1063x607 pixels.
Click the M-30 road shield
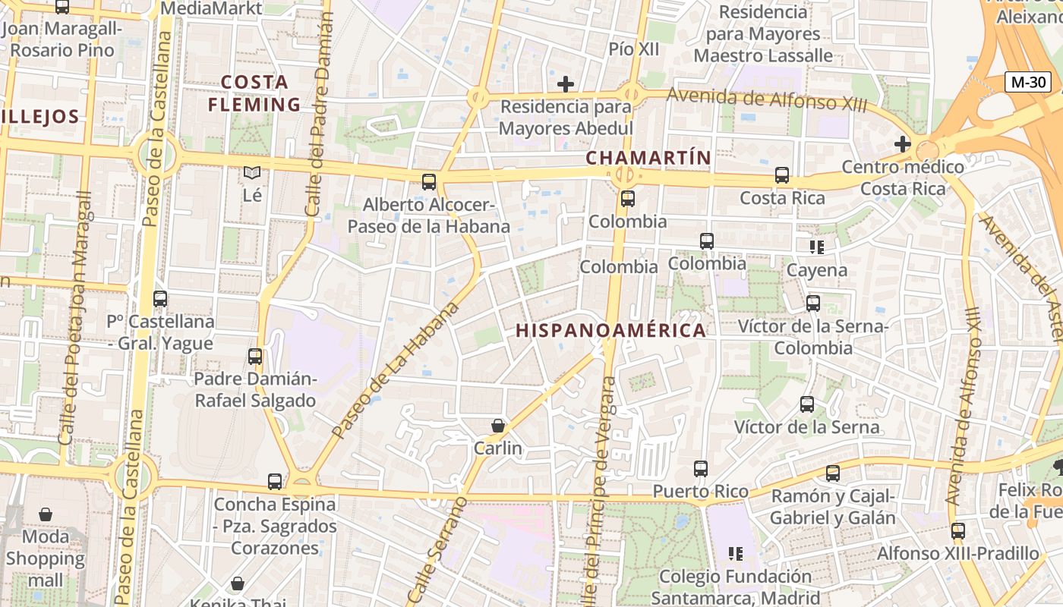pyautogui.click(x=1028, y=82)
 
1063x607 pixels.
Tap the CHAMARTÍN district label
pyautogui.click(x=648, y=158)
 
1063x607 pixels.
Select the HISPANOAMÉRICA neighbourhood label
pyautogui.click(x=610, y=331)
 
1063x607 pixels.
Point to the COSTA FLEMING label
pyautogui.click(x=254, y=93)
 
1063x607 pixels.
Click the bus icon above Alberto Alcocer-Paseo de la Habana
pyautogui.click(x=429, y=182)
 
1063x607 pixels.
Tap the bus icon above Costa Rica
pyautogui.click(x=782, y=175)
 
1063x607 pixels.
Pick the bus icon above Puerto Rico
pyautogui.click(x=701, y=469)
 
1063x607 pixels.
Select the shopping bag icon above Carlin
pyautogui.click(x=498, y=426)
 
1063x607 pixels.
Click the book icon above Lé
pyautogui.click(x=252, y=173)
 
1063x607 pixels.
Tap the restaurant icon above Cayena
pyautogui.click(x=817, y=247)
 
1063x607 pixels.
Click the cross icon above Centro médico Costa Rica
pyautogui.click(x=902, y=143)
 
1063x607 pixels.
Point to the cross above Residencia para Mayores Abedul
pyautogui.click(x=566, y=83)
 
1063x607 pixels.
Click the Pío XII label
pyautogui.click(x=634, y=49)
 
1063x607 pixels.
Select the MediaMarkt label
pyautogui.click(x=213, y=9)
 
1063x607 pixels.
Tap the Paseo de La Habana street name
pyautogui.click(x=396, y=370)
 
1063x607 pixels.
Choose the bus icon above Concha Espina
pyautogui.click(x=275, y=482)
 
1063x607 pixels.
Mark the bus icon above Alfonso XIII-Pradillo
pyautogui.click(x=958, y=531)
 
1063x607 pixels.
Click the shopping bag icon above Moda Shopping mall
pyautogui.click(x=46, y=514)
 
